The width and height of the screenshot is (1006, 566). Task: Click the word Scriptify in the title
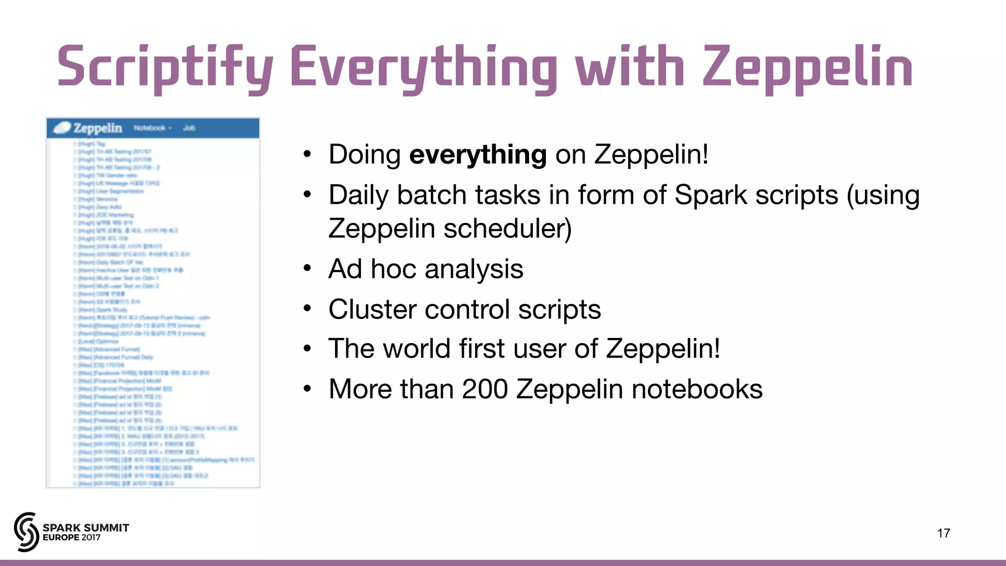click(x=165, y=66)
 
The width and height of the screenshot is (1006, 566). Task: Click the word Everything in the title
click(x=423, y=66)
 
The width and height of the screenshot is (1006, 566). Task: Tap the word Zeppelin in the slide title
click(x=808, y=66)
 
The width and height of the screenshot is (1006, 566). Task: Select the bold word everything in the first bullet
click(x=477, y=154)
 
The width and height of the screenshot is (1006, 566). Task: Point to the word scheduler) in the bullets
click(x=507, y=228)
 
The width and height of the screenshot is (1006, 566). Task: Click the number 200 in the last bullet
click(x=484, y=389)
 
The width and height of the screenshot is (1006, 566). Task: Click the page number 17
click(x=943, y=533)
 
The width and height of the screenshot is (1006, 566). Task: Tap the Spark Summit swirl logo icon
click(x=27, y=532)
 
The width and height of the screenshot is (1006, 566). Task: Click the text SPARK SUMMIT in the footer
click(x=86, y=528)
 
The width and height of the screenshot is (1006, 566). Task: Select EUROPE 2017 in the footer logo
click(x=72, y=538)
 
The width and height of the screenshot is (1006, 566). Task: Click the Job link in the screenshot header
click(x=189, y=128)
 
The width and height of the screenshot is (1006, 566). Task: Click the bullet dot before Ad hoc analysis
click(x=307, y=269)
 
